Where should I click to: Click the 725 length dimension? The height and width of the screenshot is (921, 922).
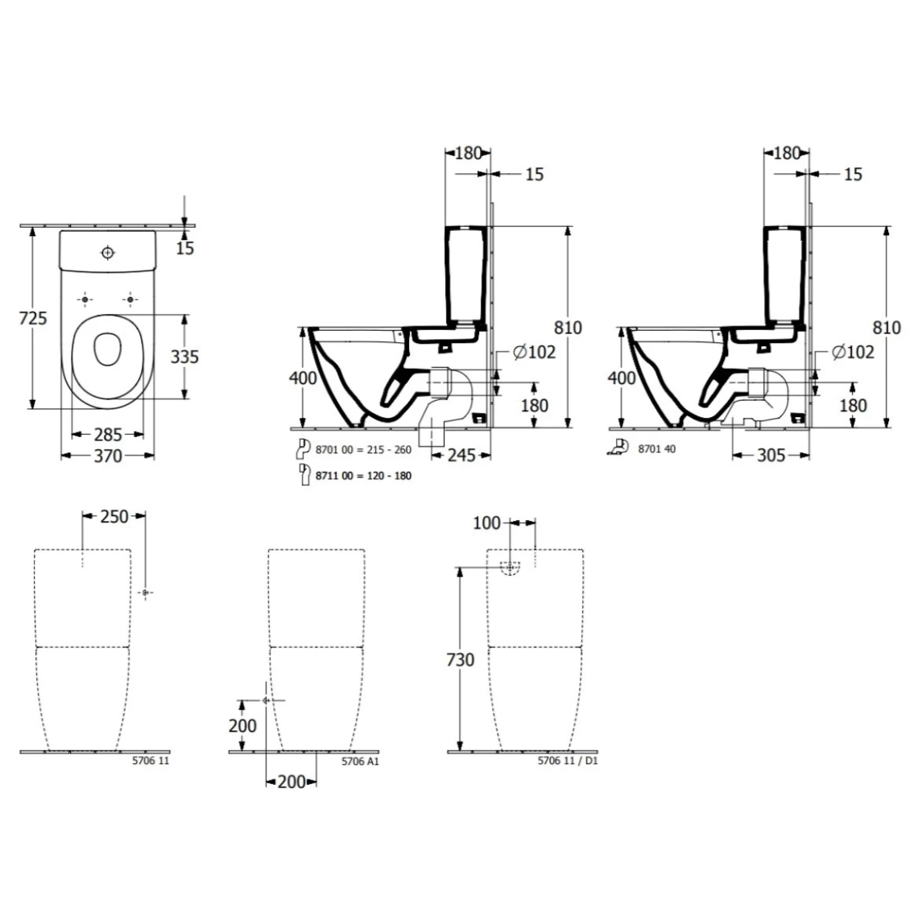[x=33, y=318]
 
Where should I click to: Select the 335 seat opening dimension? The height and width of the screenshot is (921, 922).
[x=184, y=356]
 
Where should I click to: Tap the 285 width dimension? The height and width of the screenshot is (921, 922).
[x=108, y=435]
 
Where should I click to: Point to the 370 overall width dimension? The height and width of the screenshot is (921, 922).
[x=108, y=456]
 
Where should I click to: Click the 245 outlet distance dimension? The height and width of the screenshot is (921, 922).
[x=461, y=455]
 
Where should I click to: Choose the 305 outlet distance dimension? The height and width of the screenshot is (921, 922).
[x=771, y=455]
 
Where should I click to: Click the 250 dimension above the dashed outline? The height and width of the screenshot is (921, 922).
[x=114, y=516]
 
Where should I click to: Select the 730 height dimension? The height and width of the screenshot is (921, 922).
[x=461, y=659]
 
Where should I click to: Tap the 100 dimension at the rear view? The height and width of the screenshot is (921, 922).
[x=487, y=522]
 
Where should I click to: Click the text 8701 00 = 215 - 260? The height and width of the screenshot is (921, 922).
[x=363, y=449]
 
